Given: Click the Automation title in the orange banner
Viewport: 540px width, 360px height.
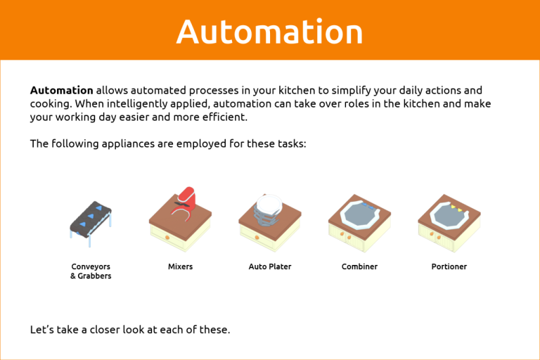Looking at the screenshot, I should coord(269,32).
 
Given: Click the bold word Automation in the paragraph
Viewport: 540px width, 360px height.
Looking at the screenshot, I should coord(61,91).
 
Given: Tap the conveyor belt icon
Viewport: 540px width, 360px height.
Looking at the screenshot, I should coord(91,219).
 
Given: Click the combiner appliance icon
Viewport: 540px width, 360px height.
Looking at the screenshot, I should coord(359,221).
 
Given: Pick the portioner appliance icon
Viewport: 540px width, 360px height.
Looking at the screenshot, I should coord(449,221).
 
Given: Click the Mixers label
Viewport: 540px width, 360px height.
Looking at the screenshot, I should coord(180,267).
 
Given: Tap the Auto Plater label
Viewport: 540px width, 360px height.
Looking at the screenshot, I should coord(270,267).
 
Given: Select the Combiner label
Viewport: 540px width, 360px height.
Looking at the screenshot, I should coord(359,267).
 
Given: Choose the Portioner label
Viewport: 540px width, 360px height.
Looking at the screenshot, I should coord(449,267).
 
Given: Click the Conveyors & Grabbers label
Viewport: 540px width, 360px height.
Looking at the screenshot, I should coord(91,271).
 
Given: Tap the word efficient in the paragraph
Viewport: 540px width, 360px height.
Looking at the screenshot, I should coord(224,117).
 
